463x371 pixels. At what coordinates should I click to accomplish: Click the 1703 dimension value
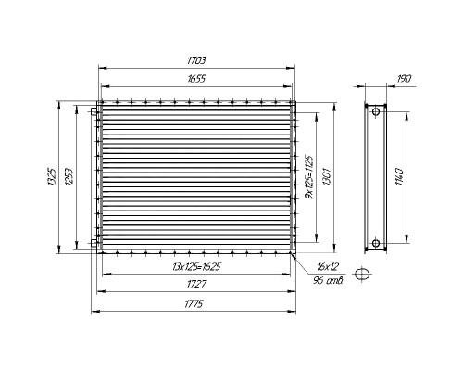[x=196, y=60]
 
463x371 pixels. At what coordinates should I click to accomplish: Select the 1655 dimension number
[x=196, y=79]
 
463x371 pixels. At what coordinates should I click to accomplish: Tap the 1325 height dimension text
[x=52, y=177]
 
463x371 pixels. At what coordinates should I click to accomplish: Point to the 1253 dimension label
[x=69, y=177]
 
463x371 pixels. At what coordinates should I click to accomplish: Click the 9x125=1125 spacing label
[x=308, y=177]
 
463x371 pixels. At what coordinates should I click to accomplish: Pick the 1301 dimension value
[x=327, y=177]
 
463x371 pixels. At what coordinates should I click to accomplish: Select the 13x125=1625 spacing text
[x=196, y=266]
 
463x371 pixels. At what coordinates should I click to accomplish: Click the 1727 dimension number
[x=196, y=284]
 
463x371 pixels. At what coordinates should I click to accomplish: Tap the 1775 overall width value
[x=194, y=304]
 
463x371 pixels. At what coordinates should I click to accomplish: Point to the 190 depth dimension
[x=404, y=79]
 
